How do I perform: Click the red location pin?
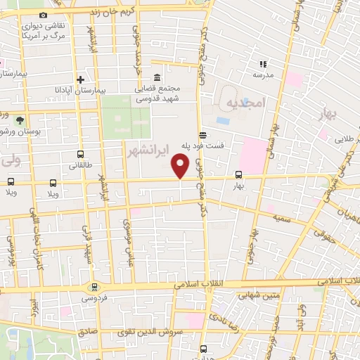coord(181,166)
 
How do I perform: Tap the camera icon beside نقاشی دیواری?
coord(44,15)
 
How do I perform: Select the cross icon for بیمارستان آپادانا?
coord(80,79)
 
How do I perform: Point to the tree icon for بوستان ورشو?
coord(20,120)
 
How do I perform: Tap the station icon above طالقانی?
coord(79,154)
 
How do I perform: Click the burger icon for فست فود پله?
coord(202,134)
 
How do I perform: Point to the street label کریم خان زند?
coord(127,12)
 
